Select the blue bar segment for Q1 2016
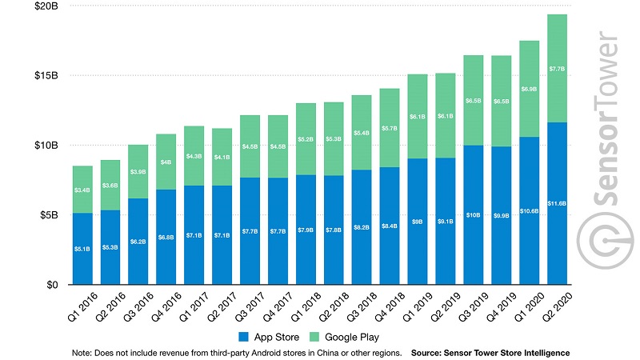pyautogui.click(x=81, y=249)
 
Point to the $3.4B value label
pyautogui.click(x=81, y=190)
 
